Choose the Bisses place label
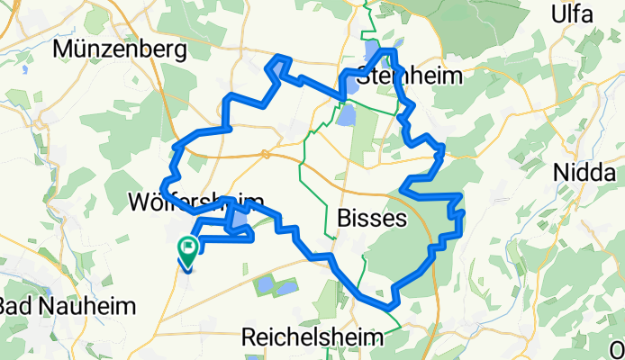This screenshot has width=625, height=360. pos(371,218)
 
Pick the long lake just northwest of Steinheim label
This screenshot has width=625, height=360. pos(371,51)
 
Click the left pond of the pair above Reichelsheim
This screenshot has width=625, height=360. pos(266,287)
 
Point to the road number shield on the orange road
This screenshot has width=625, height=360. pos(266,154)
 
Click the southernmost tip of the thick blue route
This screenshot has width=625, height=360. pos(394,306)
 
